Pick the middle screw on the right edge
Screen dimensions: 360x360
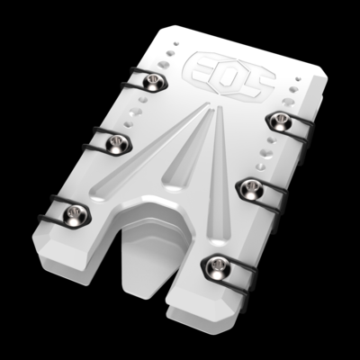click(248, 186)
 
